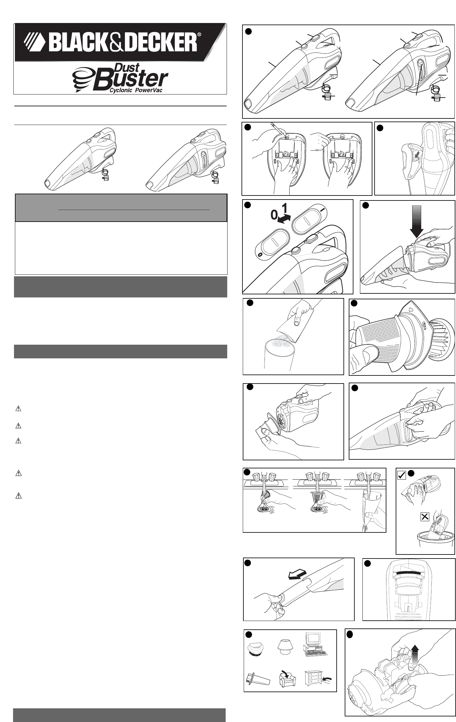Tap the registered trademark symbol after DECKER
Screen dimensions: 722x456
coord(199,35)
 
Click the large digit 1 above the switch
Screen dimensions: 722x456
coord(284,207)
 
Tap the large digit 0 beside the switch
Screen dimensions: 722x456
coord(274,215)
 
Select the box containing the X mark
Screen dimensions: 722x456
coord(425,517)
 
